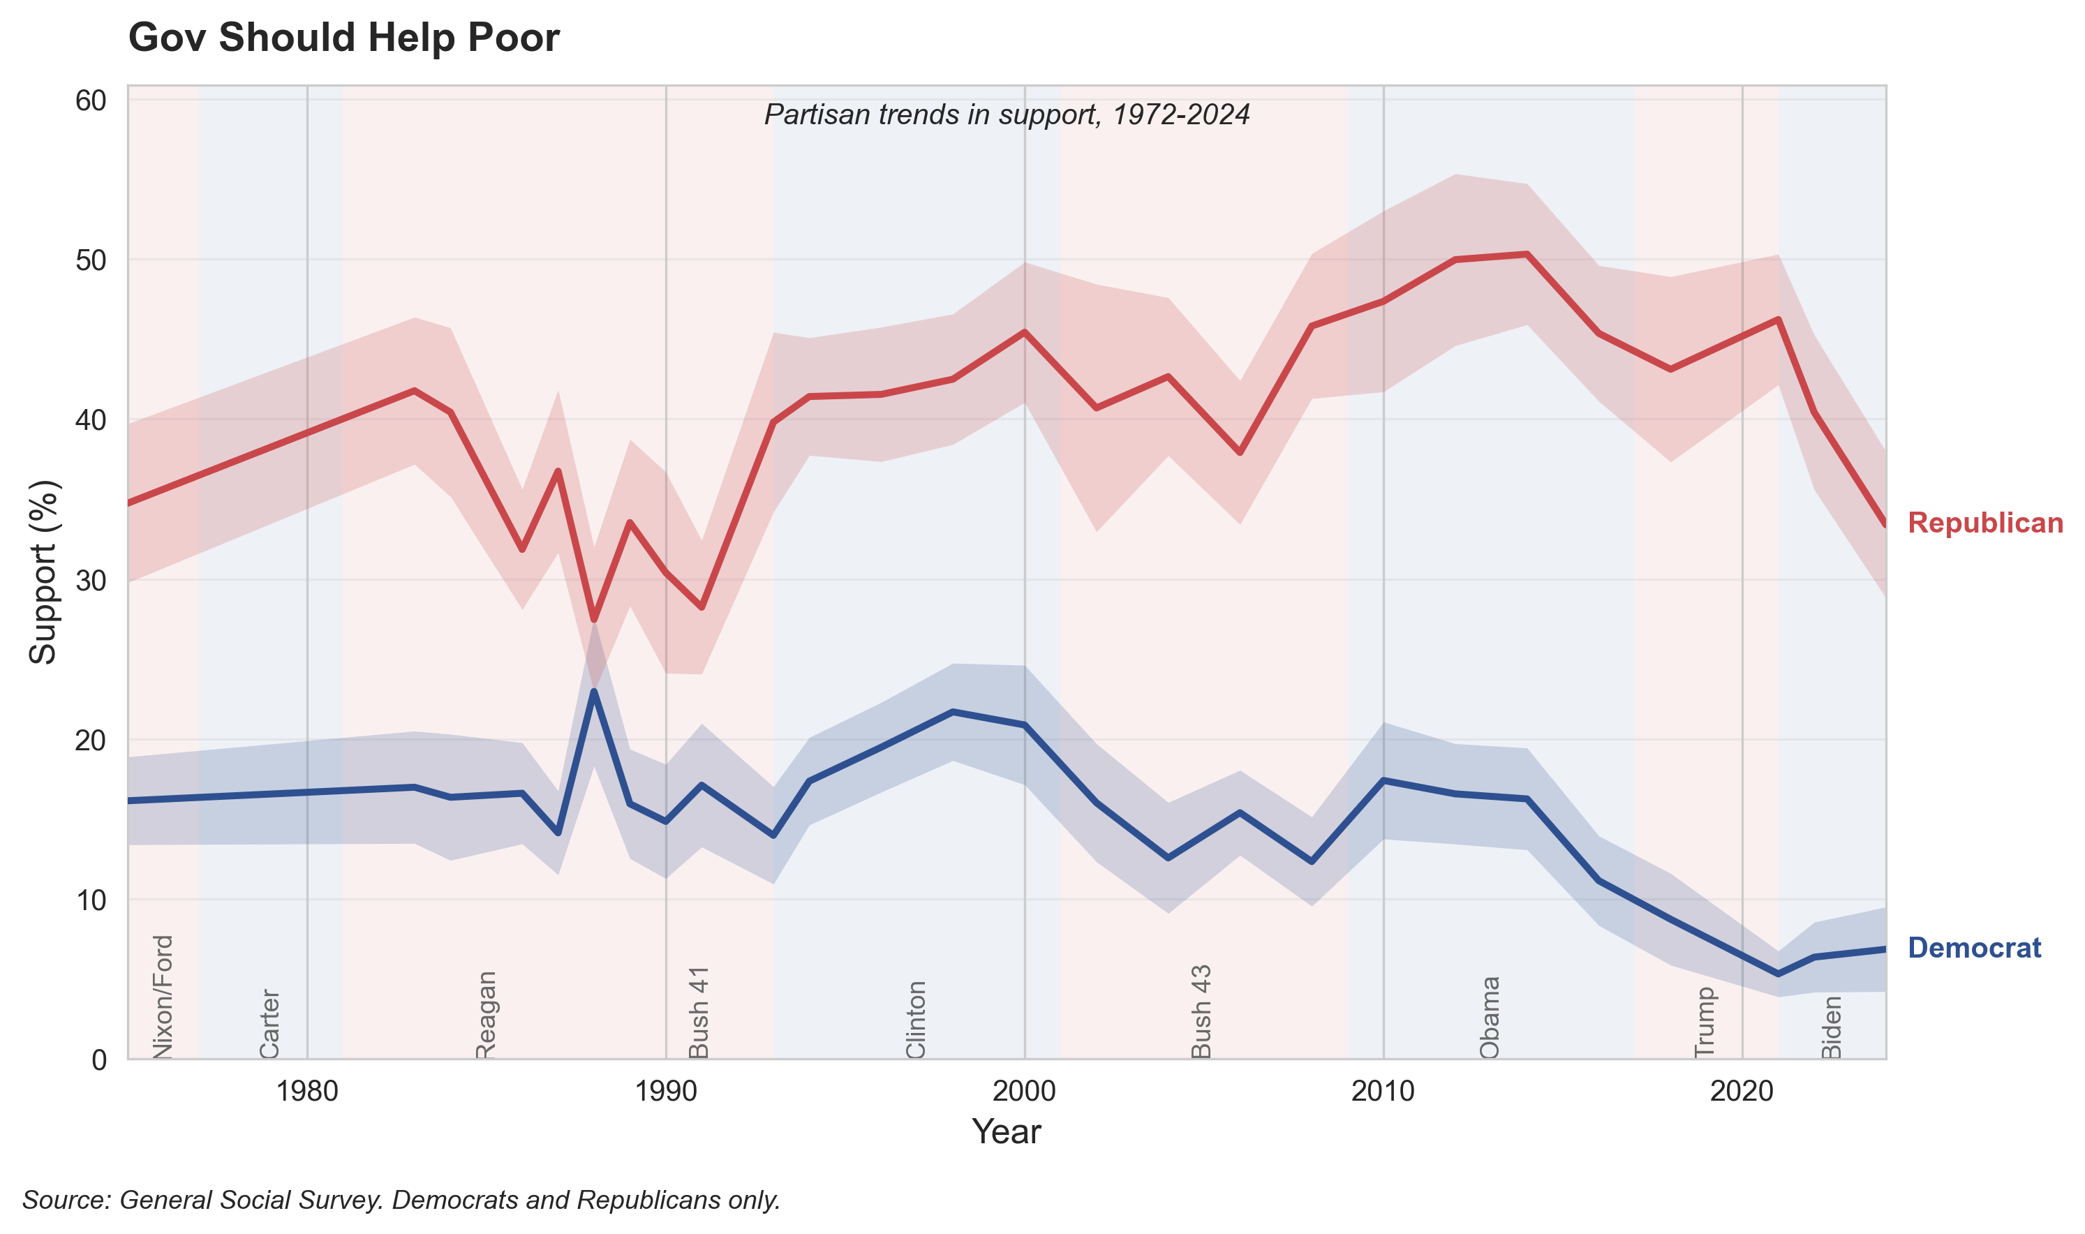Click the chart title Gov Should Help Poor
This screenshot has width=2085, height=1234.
[x=343, y=38]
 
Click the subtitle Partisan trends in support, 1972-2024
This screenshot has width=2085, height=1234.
[x=1006, y=114]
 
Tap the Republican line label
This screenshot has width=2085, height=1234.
[x=1984, y=523]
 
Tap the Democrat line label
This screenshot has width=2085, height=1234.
[x=1973, y=948]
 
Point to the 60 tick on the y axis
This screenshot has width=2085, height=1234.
[x=91, y=101]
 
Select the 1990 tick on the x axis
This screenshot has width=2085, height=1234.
[x=665, y=1092]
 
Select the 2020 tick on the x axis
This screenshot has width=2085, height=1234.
[x=1741, y=1092]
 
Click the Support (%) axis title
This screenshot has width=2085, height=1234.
[x=43, y=572]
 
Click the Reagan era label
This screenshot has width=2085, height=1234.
[x=486, y=1014]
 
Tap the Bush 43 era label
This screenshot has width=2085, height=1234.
[x=1201, y=1011]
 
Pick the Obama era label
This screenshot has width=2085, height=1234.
[x=1489, y=1017]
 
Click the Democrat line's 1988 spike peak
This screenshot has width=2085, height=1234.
[x=593, y=692]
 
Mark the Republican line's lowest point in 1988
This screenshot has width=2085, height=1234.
[x=593, y=620]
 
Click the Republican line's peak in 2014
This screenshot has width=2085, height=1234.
[x=1527, y=253]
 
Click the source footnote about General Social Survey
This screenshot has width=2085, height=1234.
[x=401, y=1200]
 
